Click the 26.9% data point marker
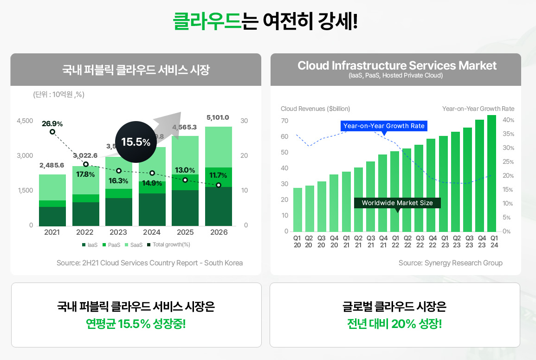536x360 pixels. point(52,132)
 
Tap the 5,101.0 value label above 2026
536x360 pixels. point(218,117)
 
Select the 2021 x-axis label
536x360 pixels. point(52,232)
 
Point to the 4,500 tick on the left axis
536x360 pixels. point(25,121)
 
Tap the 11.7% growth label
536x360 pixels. point(218,175)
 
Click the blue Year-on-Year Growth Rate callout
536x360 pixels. point(384,126)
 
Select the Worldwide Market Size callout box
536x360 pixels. point(397,203)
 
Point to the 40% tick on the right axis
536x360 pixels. point(509,120)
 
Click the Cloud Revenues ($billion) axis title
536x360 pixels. point(316,109)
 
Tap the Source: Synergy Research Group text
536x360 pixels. point(450,263)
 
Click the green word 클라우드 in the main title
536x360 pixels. point(207,21)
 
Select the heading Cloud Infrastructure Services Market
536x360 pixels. point(397,66)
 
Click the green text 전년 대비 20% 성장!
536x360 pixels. point(394,323)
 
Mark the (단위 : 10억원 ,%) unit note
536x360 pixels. point(58,95)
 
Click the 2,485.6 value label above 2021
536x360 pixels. point(52,165)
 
